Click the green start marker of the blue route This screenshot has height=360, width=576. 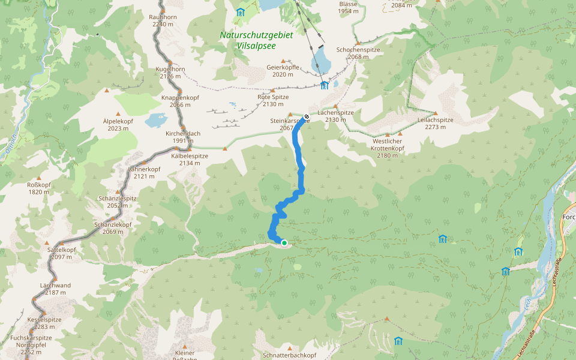(x=284, y=243)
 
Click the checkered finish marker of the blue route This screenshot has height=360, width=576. (x=307, y=116)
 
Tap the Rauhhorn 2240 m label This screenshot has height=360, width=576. (x=163, y=21)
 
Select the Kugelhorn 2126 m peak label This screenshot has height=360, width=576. (x=170, y=73)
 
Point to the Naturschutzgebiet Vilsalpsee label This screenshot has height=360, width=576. (x=256, y=40)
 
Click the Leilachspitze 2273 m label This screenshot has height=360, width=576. (x=435, y=123)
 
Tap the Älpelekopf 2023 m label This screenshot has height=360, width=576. (x=118, y=124)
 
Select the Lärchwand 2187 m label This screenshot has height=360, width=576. (x=55, y=289)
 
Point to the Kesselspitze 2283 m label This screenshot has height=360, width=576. (x=44, y=323)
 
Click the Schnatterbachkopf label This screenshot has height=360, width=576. (x=289, y=355)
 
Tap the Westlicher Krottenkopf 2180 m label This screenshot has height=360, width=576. (x=388, y=148)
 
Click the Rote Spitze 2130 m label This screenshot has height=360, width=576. (x=273, y=100)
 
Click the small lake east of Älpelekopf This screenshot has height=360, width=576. (x=155, y=119)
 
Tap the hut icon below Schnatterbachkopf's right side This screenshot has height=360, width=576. (x=398, y=341)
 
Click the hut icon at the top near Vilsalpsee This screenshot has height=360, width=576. (x=241, y=12)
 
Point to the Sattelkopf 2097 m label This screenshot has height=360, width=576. (x=62, y=253)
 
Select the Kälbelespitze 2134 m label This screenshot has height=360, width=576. (x=190, y=159)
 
